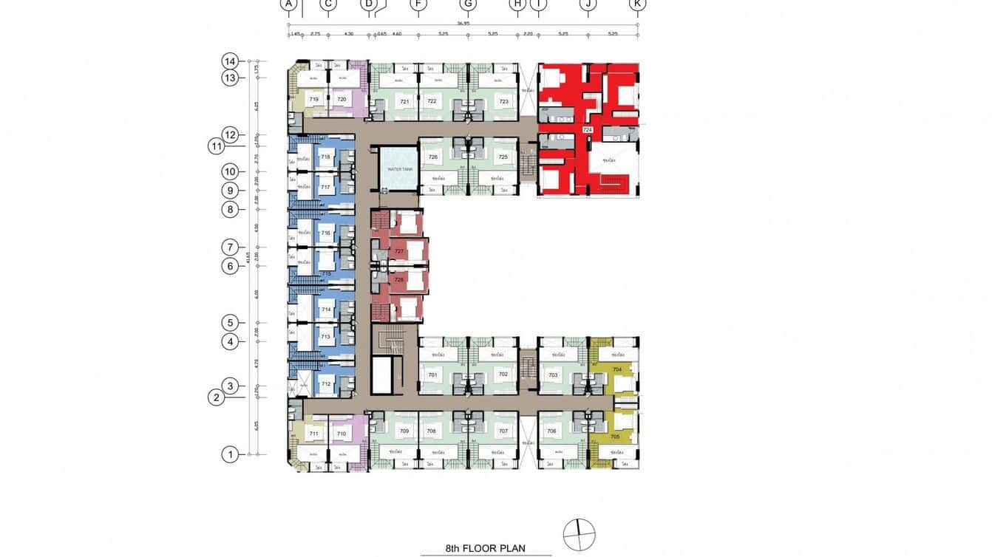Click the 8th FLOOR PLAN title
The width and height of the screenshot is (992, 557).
coord(485,548)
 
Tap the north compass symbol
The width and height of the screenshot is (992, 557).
coord(579,534)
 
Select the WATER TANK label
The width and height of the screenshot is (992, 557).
coord(400,169)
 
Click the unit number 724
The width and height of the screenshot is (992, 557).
coord(588,130)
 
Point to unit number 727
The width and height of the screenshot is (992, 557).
coord(399,252)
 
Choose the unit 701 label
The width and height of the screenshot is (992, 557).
coord(432,375)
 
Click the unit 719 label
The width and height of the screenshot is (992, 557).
coord(313,99)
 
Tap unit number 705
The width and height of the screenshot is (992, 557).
coord(615,437)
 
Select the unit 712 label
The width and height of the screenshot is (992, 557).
coord(326,384)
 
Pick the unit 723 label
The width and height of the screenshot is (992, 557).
coord(504,102)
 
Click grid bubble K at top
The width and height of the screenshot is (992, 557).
coord(637,4)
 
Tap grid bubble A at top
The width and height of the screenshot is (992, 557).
coord(288,4)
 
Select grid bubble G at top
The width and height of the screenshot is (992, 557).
coord(468,4)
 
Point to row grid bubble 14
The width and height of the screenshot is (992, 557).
coord(231,61)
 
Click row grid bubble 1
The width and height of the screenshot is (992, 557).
coord(231,454)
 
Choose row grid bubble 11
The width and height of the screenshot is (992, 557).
coord(216,146)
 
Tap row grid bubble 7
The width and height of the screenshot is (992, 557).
coord(231,247)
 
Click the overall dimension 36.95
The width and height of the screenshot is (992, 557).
coord(463,23)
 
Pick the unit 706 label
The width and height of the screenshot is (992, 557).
coord(551,431)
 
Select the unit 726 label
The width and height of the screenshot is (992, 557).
coord(433,157)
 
